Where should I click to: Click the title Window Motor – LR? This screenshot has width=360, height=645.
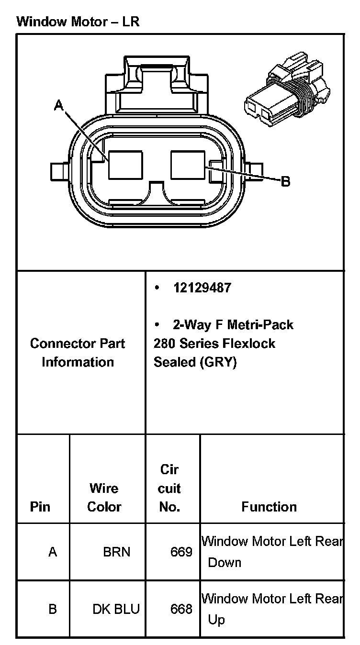pyautogui.click(x=78, y=22)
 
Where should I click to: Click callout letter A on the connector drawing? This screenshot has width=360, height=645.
pyautogui.click(x=58, y=105)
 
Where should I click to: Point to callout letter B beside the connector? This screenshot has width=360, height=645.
pyautogui.click(x=285, y=181)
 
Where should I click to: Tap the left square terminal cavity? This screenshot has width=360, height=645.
pyautogui.click(x=125, y=165)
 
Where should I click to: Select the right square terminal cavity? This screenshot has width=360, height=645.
pyautogui.click(x=188, y=165)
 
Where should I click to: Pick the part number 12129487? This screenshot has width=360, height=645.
pyautogui.click(x=202, y=288)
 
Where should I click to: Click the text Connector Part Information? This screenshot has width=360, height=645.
pyautogui.click(x=78, y=353)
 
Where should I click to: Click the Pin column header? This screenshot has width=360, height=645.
pyautogui.click(x=40, y=507)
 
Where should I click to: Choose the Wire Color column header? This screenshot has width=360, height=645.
pyautogui.click(x=104, y=498)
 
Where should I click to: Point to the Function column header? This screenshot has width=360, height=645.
pyautogui.click(x=269, y=507)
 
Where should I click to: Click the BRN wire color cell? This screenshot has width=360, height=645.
pyautogui.click(x=116, y=552)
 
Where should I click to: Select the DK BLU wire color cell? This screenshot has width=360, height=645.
pyautogui.click(x=116, y=609)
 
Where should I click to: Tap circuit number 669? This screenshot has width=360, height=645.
pyautogui.click(x=181, y=552)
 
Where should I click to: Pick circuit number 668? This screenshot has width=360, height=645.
pyautogui.click(x=181, y=609)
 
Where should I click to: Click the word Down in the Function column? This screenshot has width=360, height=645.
pyautogui.click(x=225, y=563)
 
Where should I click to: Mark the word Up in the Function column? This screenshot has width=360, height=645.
pyautogui.click(x=216, y=620)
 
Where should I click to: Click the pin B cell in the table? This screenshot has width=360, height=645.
pyautogui.click(x=53, y=609)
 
